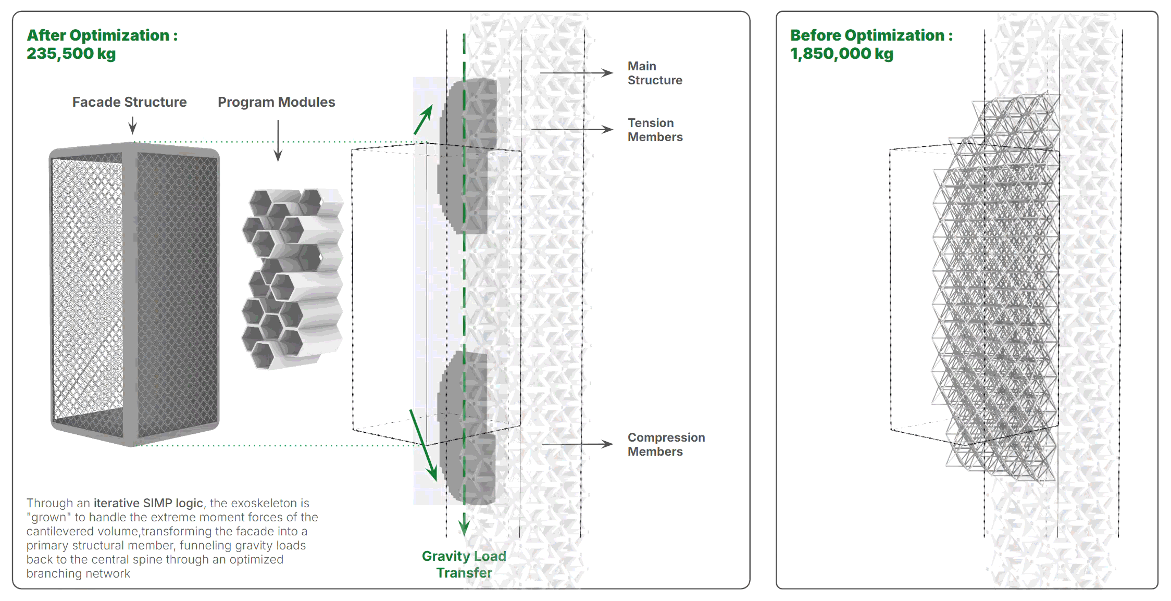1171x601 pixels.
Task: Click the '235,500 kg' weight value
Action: tap(71, 54)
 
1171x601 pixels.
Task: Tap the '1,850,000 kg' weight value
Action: tap(841, 54)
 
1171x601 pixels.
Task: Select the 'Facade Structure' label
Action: tap(129, 102)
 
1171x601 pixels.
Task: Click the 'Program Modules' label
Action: tap(276, 102)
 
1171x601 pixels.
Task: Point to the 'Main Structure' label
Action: tap(654, 73)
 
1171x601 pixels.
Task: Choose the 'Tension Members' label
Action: tap(654, 130)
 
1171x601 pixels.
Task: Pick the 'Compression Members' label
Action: tap(666, 444)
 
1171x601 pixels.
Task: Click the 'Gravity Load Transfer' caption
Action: tap(464, 564)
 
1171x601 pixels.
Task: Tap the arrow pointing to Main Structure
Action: tap(576, 73)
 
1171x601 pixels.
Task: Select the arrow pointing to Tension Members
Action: tap(571, 129)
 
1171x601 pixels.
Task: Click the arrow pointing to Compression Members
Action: tap(577, 444)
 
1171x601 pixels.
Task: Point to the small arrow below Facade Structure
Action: tap(133, 126)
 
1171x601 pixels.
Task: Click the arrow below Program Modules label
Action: tap(278, 141)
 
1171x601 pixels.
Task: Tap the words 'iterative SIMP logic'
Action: tap(148, 503)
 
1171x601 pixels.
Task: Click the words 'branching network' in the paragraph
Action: tap(78, 573)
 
